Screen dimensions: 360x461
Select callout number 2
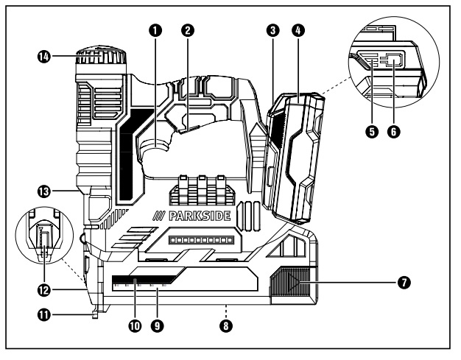tap(189, 31)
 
